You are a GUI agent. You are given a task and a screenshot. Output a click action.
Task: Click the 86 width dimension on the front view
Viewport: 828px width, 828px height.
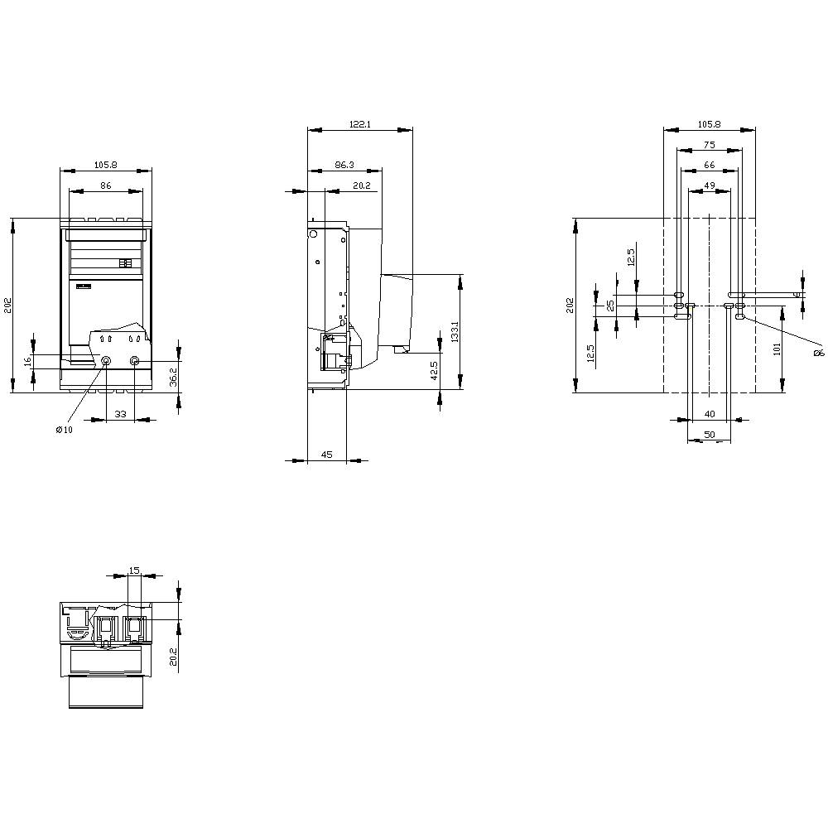pyautogui.click(x=106, y=185)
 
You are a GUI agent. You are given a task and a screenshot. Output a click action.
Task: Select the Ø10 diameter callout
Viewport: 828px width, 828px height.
pyautogui.click(x=64, y=429)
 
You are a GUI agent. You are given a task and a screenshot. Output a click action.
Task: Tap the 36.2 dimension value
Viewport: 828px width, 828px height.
pyautogui.click(x=172, y=375)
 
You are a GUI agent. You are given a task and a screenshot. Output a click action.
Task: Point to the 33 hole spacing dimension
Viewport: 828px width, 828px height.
pyautogui.click(x=120, y=413)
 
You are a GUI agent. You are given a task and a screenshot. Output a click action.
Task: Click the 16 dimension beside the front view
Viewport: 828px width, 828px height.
pyautogui.click(x=27, y=361)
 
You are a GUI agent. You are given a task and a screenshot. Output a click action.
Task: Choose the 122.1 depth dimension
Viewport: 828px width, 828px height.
pyautogui.click(x=359, y=124)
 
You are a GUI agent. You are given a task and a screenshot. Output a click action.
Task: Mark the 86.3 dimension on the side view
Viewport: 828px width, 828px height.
pyautogui.click(x=344, y=165)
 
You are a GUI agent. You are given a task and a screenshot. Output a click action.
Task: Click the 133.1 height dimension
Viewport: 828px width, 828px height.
pyautogui.click(x=455, y=332)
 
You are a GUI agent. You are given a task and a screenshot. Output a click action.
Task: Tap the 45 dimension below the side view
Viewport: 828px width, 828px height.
pyautogui.click(x=326, y=455)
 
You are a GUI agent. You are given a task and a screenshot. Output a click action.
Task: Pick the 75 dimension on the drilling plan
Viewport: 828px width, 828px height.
pyautogui.click(x=709, y=145)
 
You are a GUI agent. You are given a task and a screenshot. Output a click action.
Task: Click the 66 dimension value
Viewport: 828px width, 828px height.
pyautogui.click(x=709, y=166)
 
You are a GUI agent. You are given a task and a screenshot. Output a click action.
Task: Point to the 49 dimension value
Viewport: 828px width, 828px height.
pyautogui.click(x=710, y=185)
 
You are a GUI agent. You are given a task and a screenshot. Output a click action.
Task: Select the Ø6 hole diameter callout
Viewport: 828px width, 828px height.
pyautogui.click(x=818, y=353)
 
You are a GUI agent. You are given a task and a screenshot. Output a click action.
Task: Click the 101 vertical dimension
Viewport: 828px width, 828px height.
pyautogui.click(x=777, y=349)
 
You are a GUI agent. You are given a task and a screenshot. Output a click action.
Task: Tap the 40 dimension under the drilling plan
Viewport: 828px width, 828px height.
pyautogui.click(x=710, y=413)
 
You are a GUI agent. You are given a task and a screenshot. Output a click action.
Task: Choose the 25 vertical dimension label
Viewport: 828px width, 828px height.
pyautogui.click(x=610, y=305)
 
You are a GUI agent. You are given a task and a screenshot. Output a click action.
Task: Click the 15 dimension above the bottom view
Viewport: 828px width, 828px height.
pyautogui.click(x=134, y=570)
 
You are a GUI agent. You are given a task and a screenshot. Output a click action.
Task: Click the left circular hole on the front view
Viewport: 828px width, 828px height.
pyautogui.click(x=105, y=360)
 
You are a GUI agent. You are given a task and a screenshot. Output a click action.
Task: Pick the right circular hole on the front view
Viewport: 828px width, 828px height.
pyautogui.click(x=135, y=361)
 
